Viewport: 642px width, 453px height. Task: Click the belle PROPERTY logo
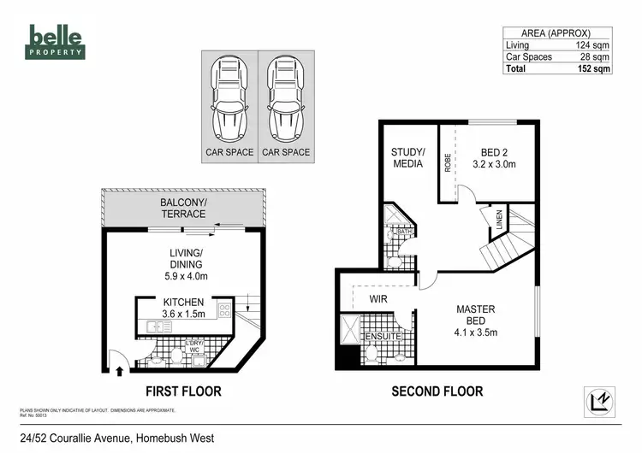click(56, 40)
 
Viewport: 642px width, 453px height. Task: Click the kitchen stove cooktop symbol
click(224, 311)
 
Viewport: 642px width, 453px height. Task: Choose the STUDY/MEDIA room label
click(408, 158)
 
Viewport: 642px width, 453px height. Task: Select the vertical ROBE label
click(448, 162)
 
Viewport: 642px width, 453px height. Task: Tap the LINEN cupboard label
click(499, 224)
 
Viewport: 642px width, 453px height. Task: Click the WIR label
click(379, 300)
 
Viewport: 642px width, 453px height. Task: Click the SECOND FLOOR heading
click(437, 391)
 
